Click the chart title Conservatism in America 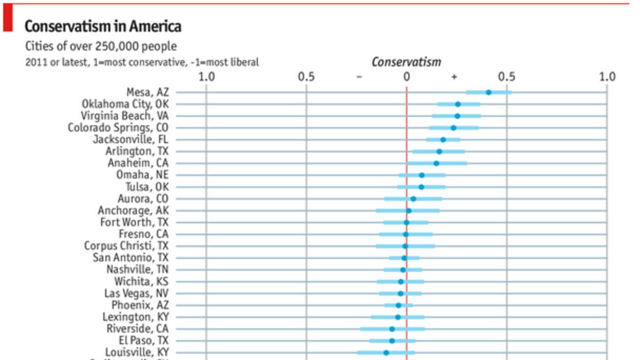pos(103,26)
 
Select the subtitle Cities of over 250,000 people pos(101,46)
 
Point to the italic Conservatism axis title pos(406,62)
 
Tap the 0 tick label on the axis pos(406,76)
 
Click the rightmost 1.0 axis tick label pos(607,76)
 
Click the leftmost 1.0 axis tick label pos(206,76)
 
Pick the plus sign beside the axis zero pos(454,77)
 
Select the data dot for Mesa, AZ pos(489,92)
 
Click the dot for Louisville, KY pos(386,353)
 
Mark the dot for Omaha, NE pos(422,175)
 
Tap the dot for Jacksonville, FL pos(443,140)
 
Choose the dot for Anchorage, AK pos(409,211)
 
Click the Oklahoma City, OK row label pos(125,104)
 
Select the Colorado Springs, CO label pos(118,128)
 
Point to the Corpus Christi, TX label pos(126,246)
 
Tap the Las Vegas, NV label pos(137,293)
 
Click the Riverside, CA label pos(138,329)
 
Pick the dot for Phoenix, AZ pos(398,305)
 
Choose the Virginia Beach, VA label pos(125,116)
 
